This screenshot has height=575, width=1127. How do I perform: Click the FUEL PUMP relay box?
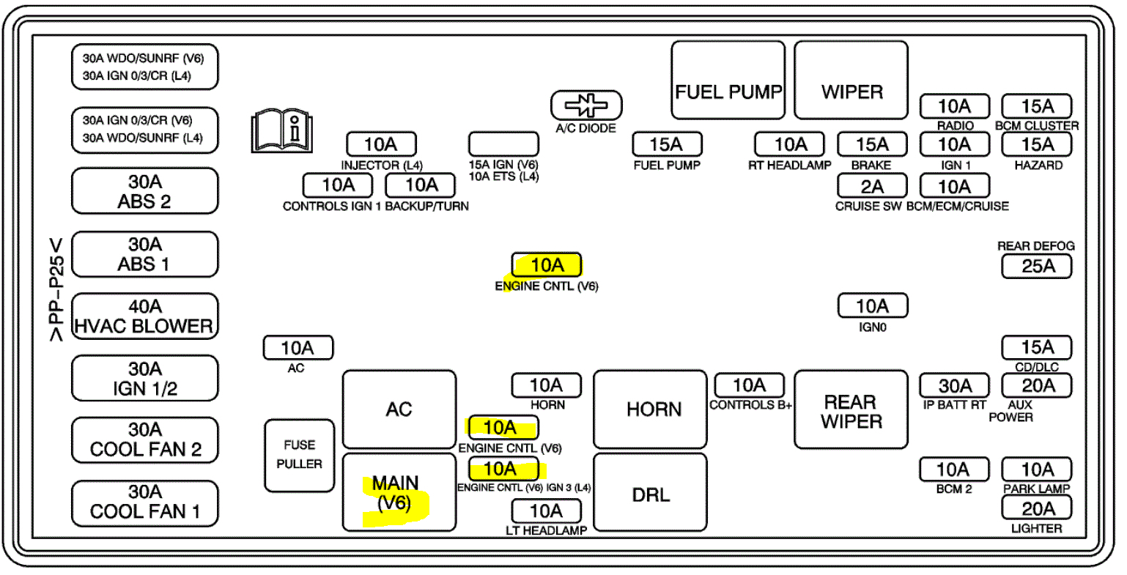728,81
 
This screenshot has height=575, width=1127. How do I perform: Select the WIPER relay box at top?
851,81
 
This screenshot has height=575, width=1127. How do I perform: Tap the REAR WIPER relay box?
851,409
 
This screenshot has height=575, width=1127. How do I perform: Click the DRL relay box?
650,491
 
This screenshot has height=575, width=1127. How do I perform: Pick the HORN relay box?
650,409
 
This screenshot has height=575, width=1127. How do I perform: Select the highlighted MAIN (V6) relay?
399,491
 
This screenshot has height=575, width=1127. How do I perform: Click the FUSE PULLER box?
299,455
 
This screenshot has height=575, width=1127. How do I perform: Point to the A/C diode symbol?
586,106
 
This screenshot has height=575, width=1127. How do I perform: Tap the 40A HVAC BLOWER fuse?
144,316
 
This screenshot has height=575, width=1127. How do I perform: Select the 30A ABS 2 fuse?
144,191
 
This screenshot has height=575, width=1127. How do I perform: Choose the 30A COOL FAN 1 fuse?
144,502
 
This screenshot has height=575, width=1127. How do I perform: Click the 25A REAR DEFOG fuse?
1037,267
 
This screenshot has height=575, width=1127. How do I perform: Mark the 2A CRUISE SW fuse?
872,186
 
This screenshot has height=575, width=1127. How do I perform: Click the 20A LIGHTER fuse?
1037,508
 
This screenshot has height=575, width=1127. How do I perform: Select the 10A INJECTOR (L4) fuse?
380,144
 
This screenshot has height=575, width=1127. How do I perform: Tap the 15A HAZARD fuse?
1037,144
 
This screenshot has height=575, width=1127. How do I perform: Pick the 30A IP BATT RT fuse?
955,385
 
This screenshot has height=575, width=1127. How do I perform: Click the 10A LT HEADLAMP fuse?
546,511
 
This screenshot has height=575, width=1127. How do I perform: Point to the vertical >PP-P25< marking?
56,289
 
